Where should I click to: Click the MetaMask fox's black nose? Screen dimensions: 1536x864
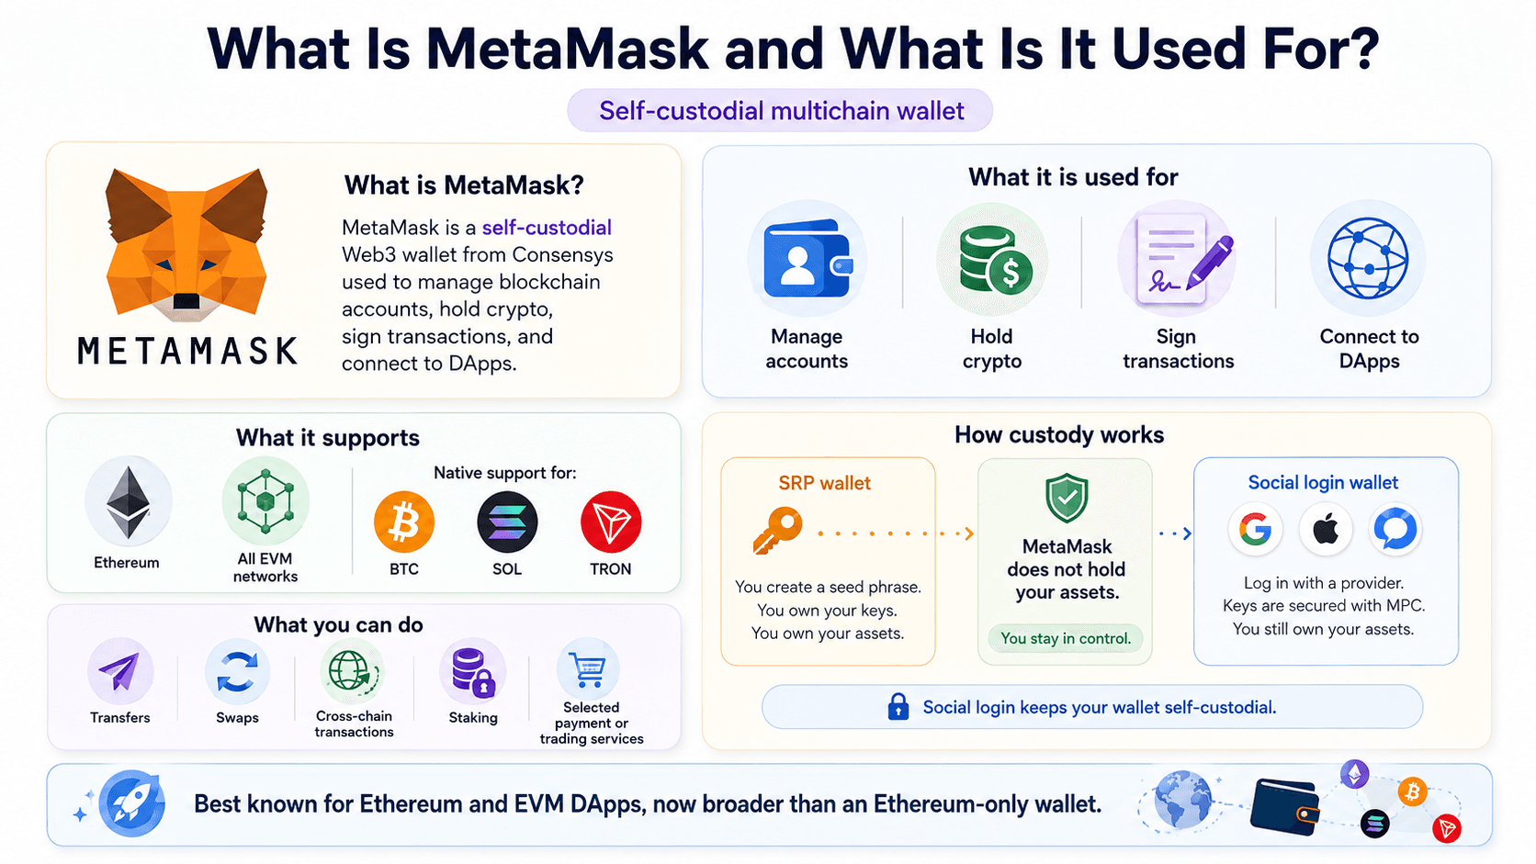pyautogui.click(x=186, y=301)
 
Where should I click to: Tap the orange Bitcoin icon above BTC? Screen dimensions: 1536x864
pyautogui.click(x=404, y=522)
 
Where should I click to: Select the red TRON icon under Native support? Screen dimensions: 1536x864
pyautogui.click(x=611, y=522)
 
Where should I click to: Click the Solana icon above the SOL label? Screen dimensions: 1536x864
pyautogui.click(x=507, y=522)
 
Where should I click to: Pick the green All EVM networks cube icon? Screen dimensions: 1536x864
pyautogui.click(x=265, y=500)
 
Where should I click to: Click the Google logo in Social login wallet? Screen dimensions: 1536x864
pyautogui.click(x=1256, y=529)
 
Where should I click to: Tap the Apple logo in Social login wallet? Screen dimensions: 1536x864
pyautogui.click(x=1326, y=529)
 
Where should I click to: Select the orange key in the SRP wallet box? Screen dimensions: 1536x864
pyautogui.click(x=777, y=530)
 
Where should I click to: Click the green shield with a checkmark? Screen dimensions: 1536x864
pyautogui.click(x=1067, y=497)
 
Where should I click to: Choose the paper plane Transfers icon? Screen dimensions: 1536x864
pyautogui.click(x=119, y=671)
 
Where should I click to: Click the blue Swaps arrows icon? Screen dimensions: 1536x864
pyautogui.click(x=237, y=671)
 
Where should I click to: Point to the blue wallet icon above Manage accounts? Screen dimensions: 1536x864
pyautogui.click(x=808, y=258)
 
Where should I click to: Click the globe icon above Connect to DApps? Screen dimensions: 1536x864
pyautogui.click(x=1368, y=258)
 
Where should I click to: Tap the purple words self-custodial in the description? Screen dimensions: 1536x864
pyautogui.click(x=547, y=228)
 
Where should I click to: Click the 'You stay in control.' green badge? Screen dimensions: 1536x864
pyautogui.click(x=1066, y=638)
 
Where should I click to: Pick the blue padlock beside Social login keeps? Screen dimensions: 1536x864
pyautogui.click(x=898, y=706)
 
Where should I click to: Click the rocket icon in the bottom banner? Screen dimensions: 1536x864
pyautogui.click(x=131, y=803)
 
